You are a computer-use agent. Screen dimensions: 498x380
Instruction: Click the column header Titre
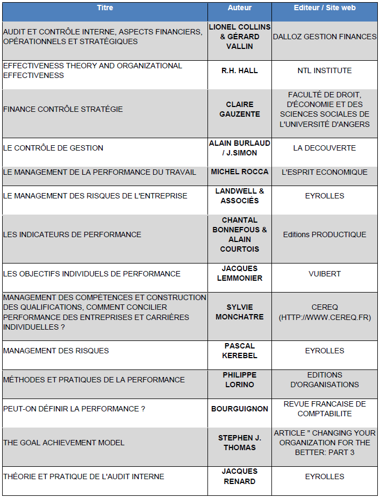coord(105,8)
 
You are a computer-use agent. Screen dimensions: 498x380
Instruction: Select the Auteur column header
coord(239,8)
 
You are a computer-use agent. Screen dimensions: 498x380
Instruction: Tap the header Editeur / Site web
coord(325,8)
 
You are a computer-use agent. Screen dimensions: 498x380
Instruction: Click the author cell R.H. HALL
coord(239,70)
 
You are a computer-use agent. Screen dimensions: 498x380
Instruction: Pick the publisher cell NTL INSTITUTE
coord(325,70)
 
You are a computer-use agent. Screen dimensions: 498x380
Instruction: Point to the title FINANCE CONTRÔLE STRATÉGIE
coord(63,109)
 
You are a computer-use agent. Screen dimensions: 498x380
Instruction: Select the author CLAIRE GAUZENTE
coord(239,109)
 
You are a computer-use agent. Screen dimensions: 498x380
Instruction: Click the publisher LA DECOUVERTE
coord(325,148)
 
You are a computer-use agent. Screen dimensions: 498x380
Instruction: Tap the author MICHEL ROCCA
coord(239,172)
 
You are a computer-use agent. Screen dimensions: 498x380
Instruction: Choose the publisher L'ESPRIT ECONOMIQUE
coord(325,172)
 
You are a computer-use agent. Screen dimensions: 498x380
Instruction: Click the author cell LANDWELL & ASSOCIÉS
coord(239,196)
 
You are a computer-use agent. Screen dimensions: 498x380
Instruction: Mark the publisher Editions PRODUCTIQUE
coord(325,234)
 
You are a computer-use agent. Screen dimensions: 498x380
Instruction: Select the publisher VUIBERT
coord(325,274)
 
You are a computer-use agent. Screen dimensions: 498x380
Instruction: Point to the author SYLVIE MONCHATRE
coord(239,312)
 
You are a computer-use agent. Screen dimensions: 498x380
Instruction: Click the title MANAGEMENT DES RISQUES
coord(56,351)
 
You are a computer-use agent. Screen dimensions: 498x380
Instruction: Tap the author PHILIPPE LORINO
coord(239,380)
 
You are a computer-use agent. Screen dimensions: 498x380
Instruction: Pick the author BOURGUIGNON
coord(239,409)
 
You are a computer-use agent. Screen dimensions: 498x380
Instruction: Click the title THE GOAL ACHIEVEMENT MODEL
coord(64,443)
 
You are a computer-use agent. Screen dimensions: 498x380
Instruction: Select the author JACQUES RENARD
coord(239,476)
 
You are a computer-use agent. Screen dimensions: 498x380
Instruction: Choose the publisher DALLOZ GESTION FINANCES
coord(325,37)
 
